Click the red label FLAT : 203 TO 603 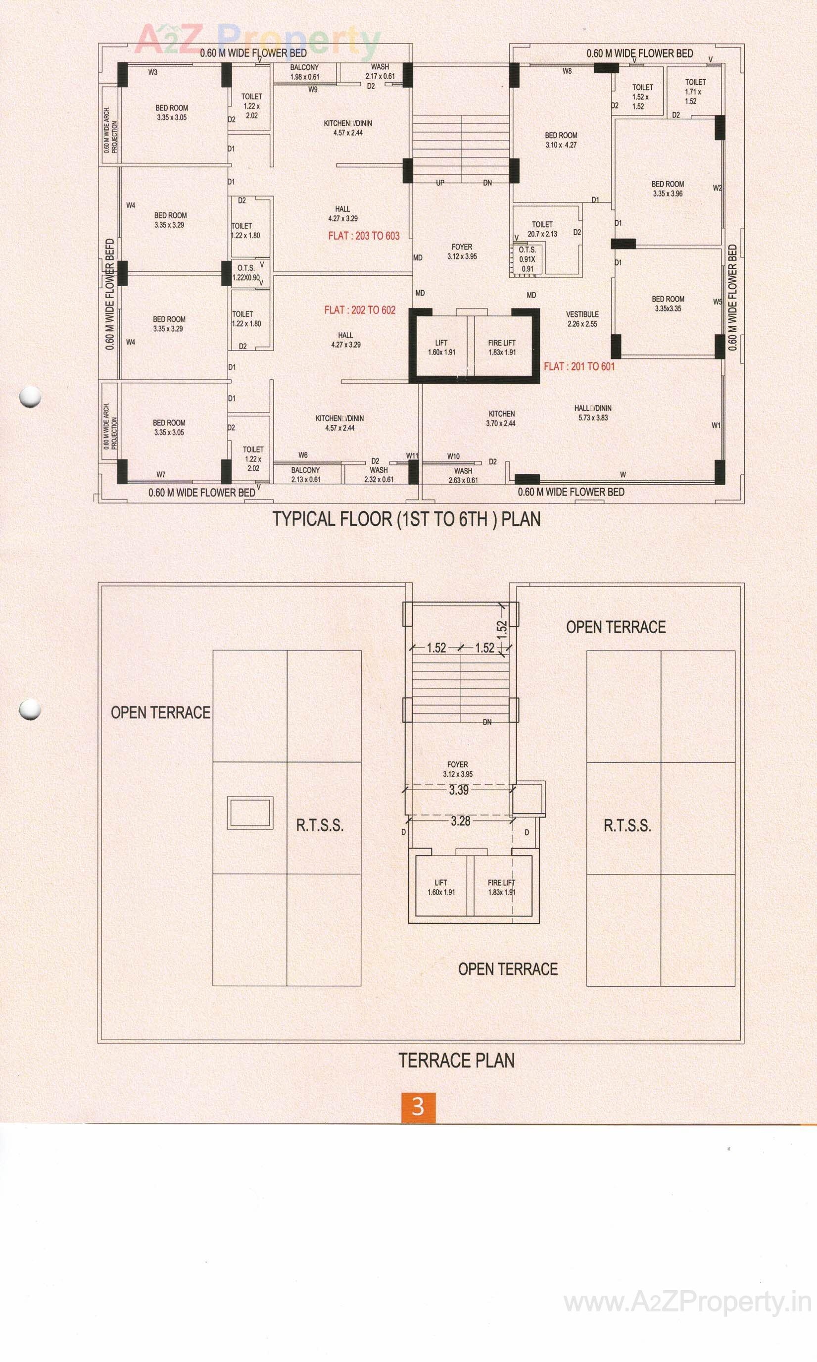[364, 236]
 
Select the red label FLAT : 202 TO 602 [359, 310]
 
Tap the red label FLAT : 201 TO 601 [579, 366]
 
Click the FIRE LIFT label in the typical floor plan [502, 347]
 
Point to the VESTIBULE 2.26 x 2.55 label [582, 319]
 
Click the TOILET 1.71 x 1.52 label [695, 92]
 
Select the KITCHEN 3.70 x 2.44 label [501, 418]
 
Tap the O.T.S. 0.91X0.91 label [528, 259]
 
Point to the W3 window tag [152, 72]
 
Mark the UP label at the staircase [440, 183]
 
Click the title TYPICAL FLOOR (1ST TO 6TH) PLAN [407, 519]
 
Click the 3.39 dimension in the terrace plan [459, 790]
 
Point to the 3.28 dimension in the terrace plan [460, 820]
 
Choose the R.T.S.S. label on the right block [627, 825]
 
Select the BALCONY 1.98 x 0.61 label [304, 72]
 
